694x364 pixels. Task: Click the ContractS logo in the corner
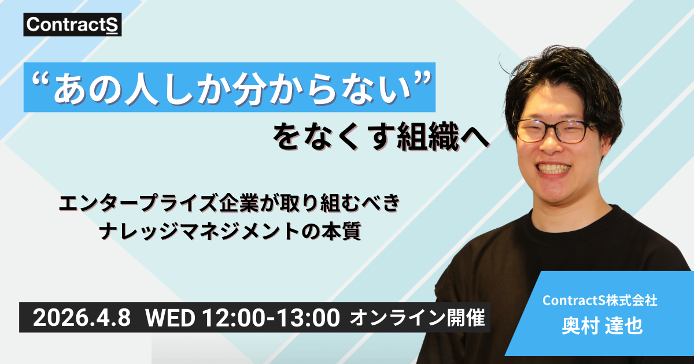click(x=73, y=26)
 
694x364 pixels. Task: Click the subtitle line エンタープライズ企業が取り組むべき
click(x=229, y=205)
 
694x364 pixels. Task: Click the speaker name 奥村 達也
click(x=601, y=325)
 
